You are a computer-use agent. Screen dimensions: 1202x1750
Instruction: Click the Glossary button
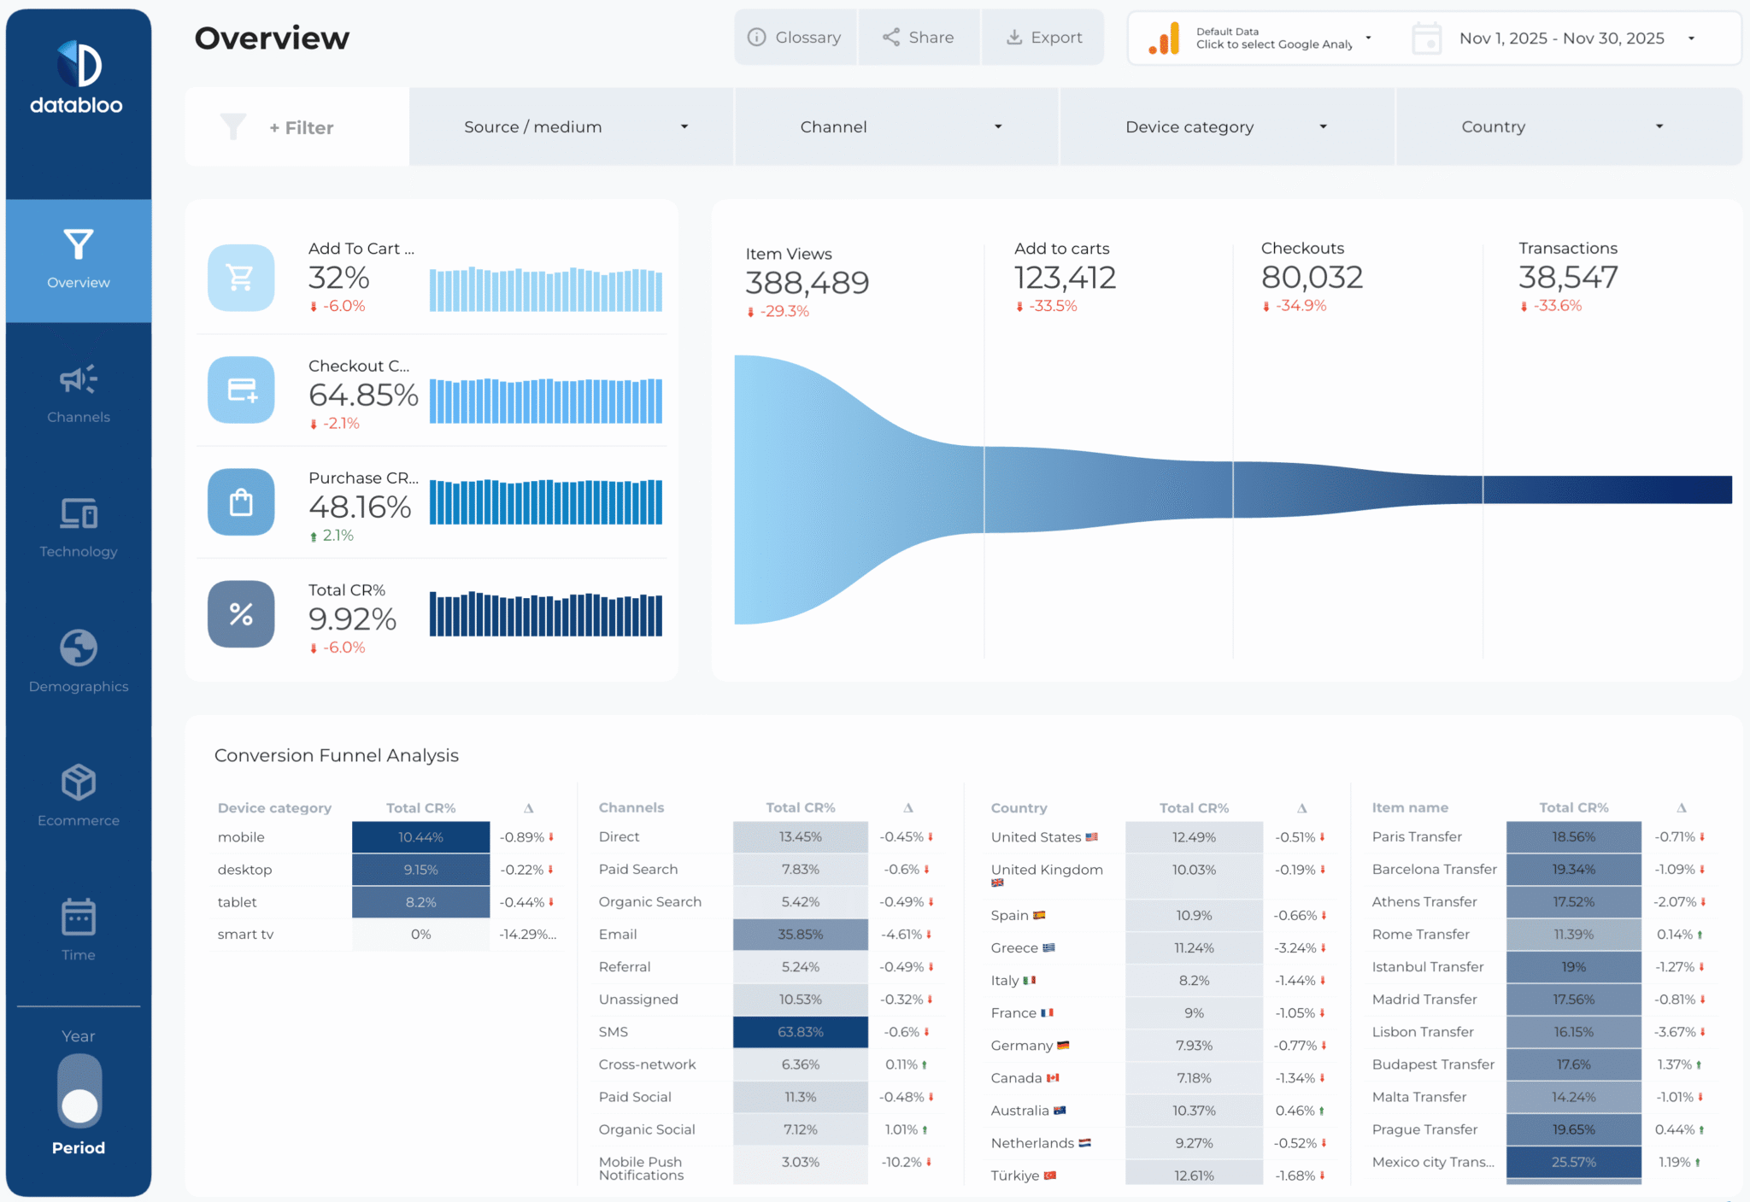coord(795,38)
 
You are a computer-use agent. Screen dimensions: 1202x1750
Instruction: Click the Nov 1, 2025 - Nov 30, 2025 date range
coord(1560,38)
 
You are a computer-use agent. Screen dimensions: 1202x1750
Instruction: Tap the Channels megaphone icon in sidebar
coord(78,380)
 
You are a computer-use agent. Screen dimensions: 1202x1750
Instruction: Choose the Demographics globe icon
coord(78,648)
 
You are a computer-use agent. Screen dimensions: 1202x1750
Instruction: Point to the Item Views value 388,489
coord(807,283)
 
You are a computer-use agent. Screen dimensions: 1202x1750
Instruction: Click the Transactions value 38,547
coord(1567,278)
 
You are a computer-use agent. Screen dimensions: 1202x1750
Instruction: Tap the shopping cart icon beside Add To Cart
coord(241,278)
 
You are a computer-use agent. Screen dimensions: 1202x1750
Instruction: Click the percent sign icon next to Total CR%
coord(241,614)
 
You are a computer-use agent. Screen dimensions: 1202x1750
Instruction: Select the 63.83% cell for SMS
coord(800,1032)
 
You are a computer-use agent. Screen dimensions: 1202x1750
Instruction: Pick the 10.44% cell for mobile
coord(420,837)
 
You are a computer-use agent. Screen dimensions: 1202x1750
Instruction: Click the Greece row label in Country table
coord(1014,948)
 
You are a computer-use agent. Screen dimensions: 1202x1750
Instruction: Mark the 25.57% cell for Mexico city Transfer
coord(1573,1162)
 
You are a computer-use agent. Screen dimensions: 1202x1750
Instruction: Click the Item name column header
coord(1410,807)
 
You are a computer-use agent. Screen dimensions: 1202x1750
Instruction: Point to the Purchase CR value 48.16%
coord(360,507)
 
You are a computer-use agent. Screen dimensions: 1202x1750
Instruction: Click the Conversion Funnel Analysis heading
coord(336,755)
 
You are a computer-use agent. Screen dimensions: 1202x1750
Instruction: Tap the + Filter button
coord(301,128)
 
